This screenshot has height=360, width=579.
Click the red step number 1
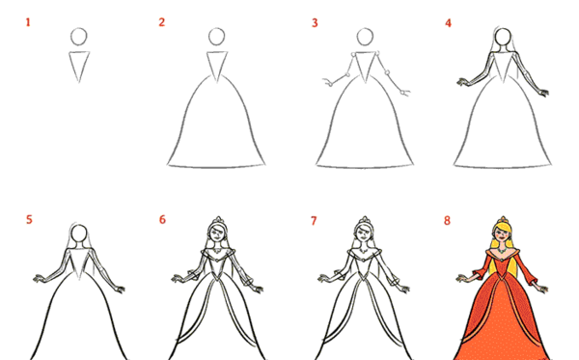[28, 22]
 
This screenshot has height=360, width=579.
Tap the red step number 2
[162, 22]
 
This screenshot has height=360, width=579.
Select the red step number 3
[315, 23]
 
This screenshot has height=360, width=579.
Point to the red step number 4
[449, 23]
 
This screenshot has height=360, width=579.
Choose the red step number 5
[29, 220]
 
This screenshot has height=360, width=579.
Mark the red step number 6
[162, 220]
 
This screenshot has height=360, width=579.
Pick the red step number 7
[314, 221]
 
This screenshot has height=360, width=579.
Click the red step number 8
[447, 220]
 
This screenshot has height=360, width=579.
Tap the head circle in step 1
[79, 28]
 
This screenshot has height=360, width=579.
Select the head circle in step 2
[217, 28]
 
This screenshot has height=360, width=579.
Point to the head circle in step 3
[365, 29]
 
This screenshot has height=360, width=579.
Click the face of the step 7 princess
[364, 234]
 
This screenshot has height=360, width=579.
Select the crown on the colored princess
[503, 221]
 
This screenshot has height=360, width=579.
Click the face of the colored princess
[502, 235]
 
